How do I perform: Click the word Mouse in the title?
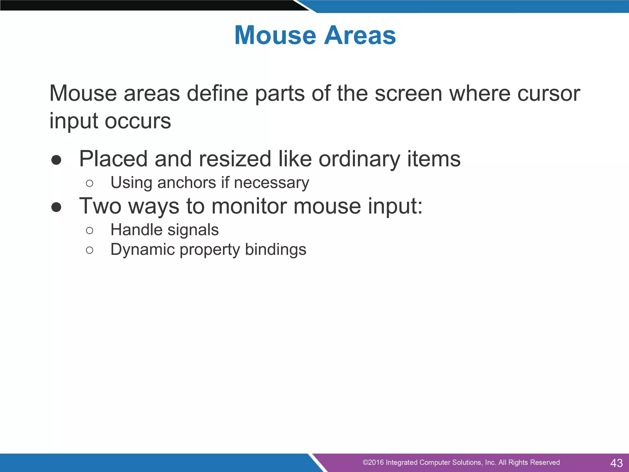(x=275, y=35)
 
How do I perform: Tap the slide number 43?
(x=616, y=463)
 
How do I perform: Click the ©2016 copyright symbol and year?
(x=373, y=462)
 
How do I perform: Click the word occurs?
(x=138, y=121)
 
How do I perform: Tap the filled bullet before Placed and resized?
(x=56, y=160)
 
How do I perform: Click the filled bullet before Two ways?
(x=56, y=207)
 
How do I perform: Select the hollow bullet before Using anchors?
(x=89, y=184)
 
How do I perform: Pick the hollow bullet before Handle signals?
(x=89, y=230)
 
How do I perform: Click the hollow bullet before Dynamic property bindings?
(x=89, y=250)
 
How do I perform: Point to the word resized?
(x=235, y=159)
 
